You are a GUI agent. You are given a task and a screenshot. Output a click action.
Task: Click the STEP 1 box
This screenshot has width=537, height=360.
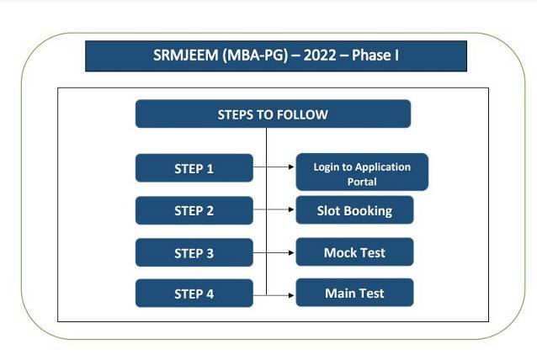coord(194,168)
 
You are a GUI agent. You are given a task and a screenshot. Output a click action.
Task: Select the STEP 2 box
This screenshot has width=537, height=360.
coord(194,210)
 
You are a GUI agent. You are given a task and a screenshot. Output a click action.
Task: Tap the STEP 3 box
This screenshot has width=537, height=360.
coord(194,252)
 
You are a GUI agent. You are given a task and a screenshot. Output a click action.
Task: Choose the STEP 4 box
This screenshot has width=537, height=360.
coord(194,294)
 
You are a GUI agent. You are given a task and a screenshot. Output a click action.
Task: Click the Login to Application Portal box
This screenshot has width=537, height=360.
coord(362,173)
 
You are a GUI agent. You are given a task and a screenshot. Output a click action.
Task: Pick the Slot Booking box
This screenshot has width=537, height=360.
coord(354,210)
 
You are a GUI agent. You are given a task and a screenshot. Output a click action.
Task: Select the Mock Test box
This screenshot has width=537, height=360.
coord(354,251)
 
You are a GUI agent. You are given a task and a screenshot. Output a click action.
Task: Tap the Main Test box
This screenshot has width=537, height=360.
coord(354,293)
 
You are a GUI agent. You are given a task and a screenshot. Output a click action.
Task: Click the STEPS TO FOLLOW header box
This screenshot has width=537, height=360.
coord(273,114)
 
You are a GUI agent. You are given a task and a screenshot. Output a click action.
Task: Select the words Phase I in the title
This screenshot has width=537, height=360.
coord(376,56)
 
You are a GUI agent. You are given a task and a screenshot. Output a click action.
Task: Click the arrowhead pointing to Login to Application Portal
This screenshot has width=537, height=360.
coord(290,168)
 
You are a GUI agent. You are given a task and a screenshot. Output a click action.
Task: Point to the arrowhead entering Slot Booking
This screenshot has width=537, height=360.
coord(290,210)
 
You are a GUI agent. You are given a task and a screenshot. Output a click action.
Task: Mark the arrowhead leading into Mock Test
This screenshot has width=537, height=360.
coord(290,252)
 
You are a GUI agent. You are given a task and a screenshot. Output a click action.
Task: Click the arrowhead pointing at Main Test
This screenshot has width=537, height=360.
coord(290,294)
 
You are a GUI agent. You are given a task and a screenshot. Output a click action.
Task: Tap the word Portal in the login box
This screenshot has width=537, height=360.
coord(362,181)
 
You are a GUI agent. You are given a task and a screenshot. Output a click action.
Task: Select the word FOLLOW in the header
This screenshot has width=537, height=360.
coord(300,114)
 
